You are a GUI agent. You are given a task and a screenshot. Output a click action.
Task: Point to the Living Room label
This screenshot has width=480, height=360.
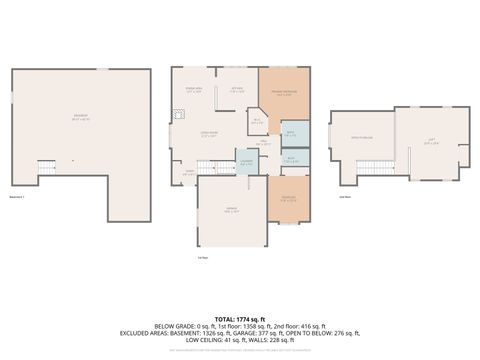(208, 134)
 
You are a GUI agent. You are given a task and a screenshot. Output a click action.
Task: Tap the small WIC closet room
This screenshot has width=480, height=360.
(257, 122)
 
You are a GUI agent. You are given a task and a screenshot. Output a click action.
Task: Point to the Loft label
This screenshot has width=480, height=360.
(433, 142)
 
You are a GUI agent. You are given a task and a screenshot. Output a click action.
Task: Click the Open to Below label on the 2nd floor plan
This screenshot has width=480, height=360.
(361, 137)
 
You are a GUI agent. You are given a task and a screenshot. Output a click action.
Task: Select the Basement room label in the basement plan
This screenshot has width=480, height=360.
(79, 116)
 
